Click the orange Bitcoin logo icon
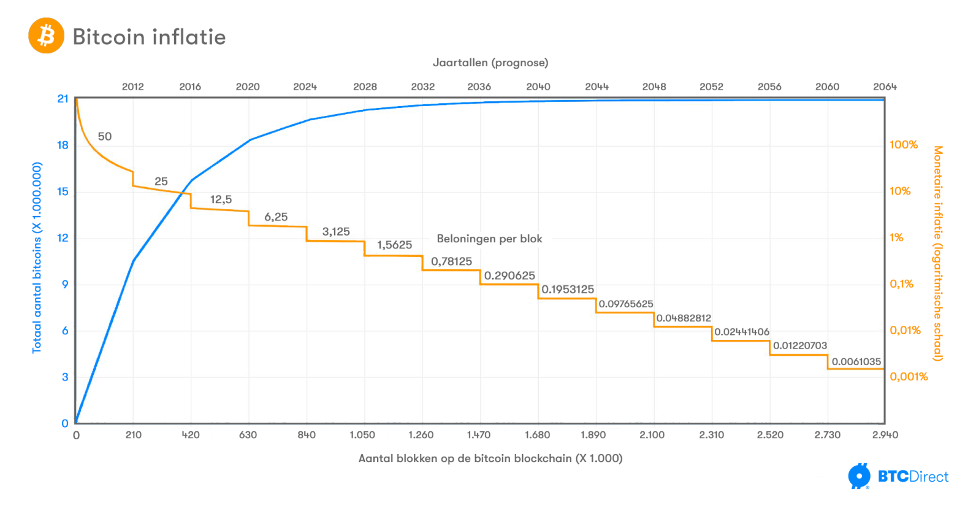46,36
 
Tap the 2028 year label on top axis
365,87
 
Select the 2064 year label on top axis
885,87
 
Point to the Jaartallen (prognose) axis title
490,63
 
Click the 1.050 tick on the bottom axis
362,435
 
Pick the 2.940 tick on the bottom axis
885,435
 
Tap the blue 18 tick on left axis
63,145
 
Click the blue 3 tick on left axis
65,377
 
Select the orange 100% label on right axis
904,145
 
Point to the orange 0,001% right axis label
909,377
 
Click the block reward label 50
105,136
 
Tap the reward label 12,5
221,199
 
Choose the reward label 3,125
336,231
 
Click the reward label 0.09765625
626,304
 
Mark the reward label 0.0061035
856,362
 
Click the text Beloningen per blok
489,239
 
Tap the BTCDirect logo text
913,477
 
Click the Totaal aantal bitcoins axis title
37,258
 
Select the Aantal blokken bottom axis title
490,458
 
